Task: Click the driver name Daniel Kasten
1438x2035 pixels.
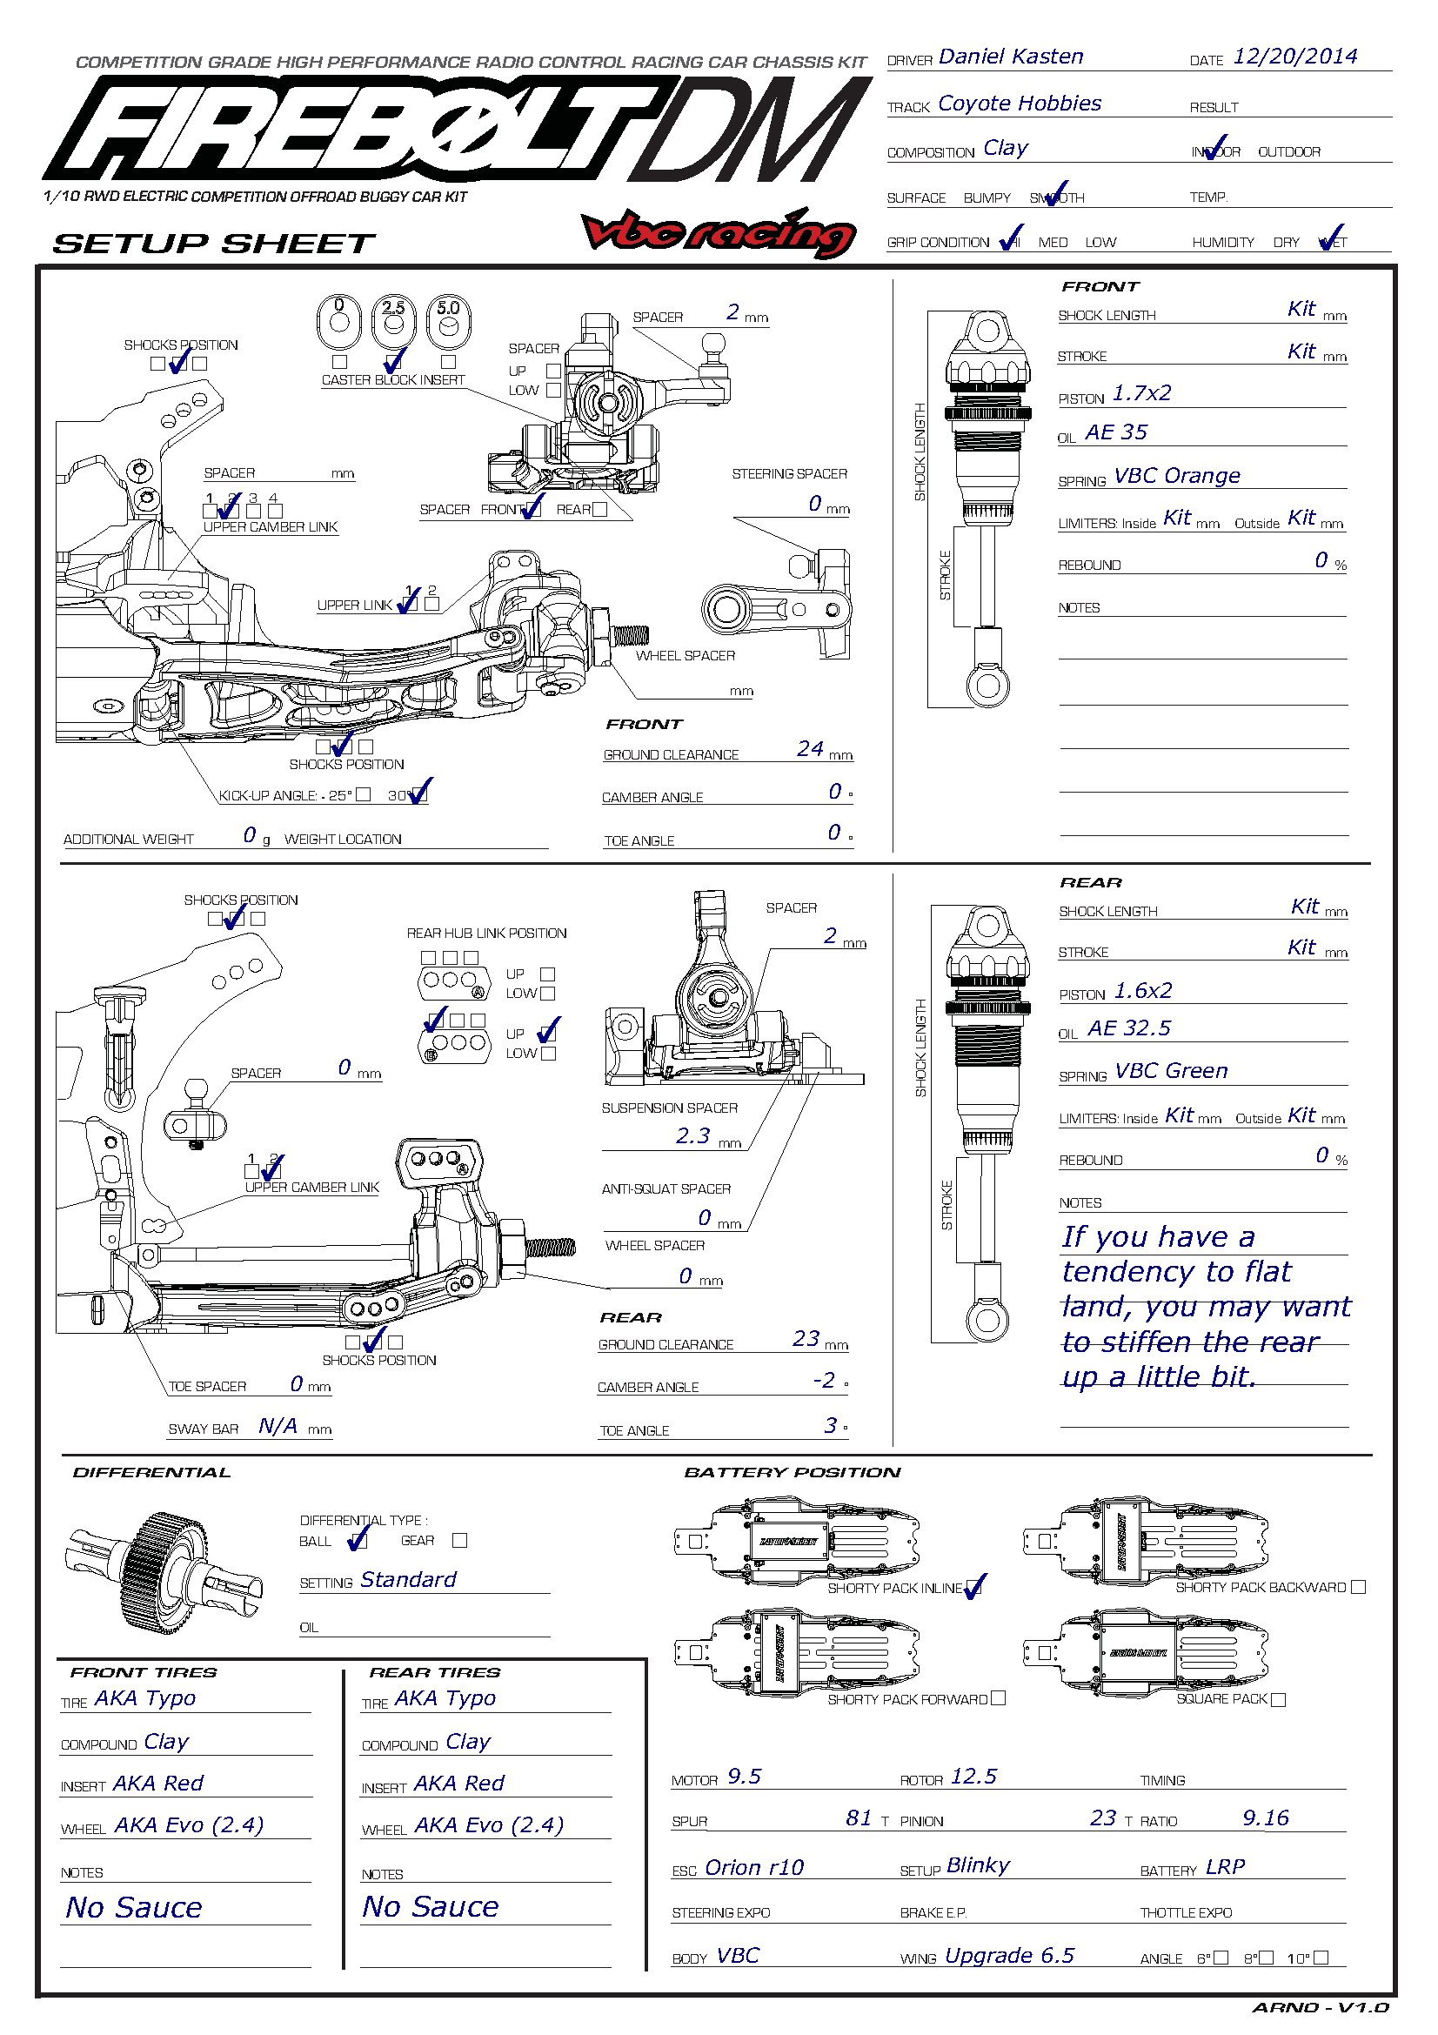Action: pyautogui.click(x=1010, y=57)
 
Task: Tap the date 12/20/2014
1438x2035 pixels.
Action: pyautogui.click(x=1294, y=57)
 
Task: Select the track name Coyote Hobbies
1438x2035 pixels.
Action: pyautogui.click(x=1019, y=104)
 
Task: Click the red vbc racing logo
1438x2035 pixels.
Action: pyautogui.click(x=719, y=232)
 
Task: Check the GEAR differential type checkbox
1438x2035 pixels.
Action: pyautogui.click(x=459, y=1541)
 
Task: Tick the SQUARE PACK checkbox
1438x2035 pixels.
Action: pyautogui.click(x=1278, y=1699)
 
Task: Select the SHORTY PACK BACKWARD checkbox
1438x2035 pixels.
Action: pyautogui.click(x=1358, y=1587)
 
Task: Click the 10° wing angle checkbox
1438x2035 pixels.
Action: pyautogui.click(x=1321, y=1957)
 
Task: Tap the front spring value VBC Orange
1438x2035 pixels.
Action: pyautogui.click(x=1176, y=476)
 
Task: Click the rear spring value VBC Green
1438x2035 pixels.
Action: pyautogui.click(x=1170, y=1071)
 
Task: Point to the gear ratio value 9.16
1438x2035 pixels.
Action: pyautogui.click(x=1265, y=1817)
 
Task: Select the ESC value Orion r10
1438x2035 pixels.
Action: pyautogui.click(x=754, y=1867)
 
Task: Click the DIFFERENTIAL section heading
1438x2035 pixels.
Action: pyautogui.click(x=151, y=1472)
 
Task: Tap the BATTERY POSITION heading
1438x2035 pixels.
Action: pyautogui.click(x=793, y=1472)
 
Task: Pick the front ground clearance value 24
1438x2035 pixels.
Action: pyautogui.click(x=810, y=749)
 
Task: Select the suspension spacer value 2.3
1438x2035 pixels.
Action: pyautogui.click(x=692, y=1136)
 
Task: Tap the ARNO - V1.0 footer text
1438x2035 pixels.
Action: pyautogui.click(x=1321, y=2007)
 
